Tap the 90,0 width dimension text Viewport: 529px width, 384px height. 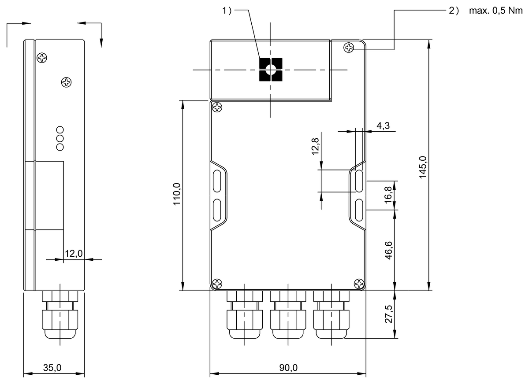pyautogui.click(x=288, y=368)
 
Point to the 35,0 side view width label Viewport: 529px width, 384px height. pyautogui.click(x=52, y=368)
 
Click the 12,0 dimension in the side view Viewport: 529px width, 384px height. pyautogui.click(x=74, y=253)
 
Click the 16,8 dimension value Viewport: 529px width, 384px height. pyautogui.click(x=388, y=195)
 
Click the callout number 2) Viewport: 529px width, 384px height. pyautogui.click(x=454, y=11)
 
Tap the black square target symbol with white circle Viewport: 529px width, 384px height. pyautogui.click(x=270, y=70)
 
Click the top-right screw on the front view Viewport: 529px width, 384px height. pyautogui.click(x=349, y=47)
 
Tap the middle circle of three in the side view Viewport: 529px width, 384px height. pyautogui.click(x=60, y=138)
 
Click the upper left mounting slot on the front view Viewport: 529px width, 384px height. pyautogui.click(x=217, y=181)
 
